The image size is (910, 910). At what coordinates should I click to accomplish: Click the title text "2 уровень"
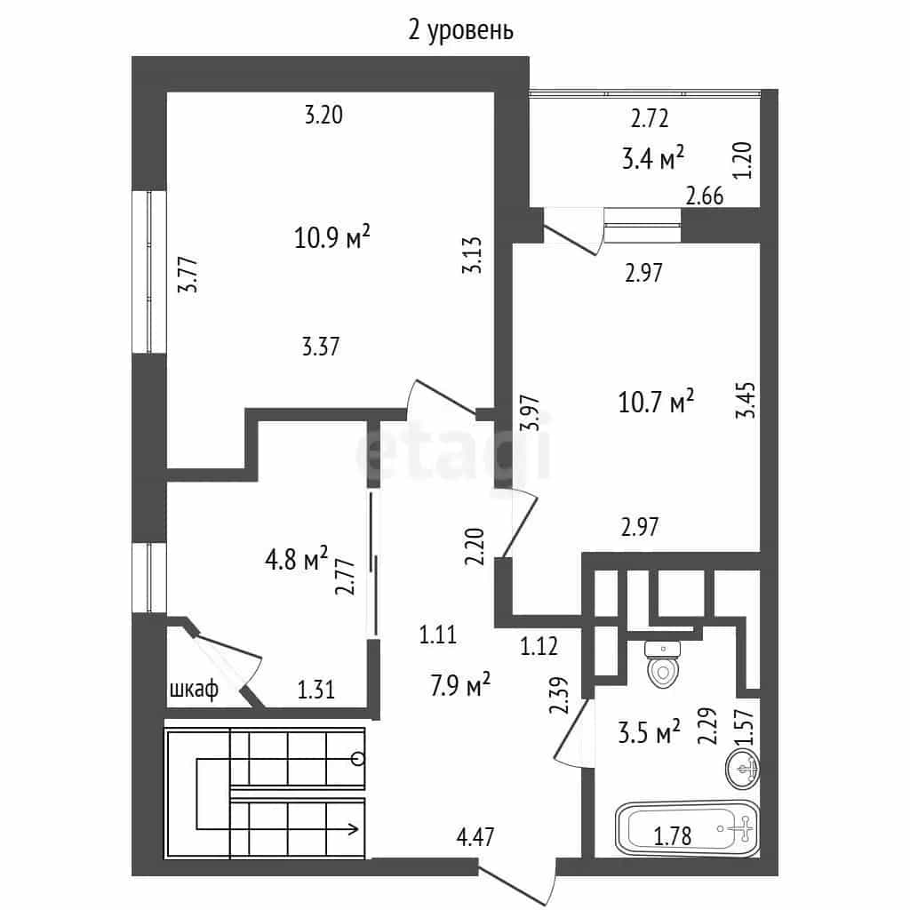pyautogui.click(x=461, y=31)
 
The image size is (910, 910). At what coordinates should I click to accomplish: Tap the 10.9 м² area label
pyautogui.click(x=332, y=236)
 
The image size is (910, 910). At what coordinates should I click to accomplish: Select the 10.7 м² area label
pyautogui.click(x=656, y=401)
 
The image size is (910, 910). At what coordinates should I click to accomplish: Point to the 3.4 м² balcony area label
pyautogui.click(x=653, y=158)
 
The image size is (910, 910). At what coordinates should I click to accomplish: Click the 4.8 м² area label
pyautogui.click(x=296, y=560)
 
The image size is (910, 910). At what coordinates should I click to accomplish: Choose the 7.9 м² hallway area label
pyautogui.click(x=460, y=685)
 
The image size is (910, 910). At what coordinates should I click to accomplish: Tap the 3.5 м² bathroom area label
pyautogui.click(x=649, y=732)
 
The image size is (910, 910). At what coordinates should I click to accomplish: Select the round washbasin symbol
pyautogui.click(x=743, y=769)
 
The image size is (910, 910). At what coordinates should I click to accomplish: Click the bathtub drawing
pyautogui.click(x=687, y=829)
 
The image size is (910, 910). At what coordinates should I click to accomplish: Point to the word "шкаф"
pyautogui.click(x=195, y=690)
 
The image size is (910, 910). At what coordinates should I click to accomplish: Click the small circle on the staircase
pyautogui.click(x=358, y=758)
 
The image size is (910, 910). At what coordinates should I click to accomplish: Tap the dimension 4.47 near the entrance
pyautogui.click(x=476, y=837)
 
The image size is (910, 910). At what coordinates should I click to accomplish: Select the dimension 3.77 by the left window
pyautogui.click(x=188, y=277)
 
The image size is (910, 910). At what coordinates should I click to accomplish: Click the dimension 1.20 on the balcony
pyautogui.click(x=743, y=161)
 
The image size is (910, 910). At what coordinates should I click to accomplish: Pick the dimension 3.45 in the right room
pyautogui.click(x=746, y=399)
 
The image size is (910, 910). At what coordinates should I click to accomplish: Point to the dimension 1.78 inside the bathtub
pyautogui.click(x=673, y=836)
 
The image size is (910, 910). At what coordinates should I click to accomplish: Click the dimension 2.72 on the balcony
pyautogui.click(x=650, y=118)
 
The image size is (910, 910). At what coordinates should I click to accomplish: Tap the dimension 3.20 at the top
pyautogui.click(x=323, y=115)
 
